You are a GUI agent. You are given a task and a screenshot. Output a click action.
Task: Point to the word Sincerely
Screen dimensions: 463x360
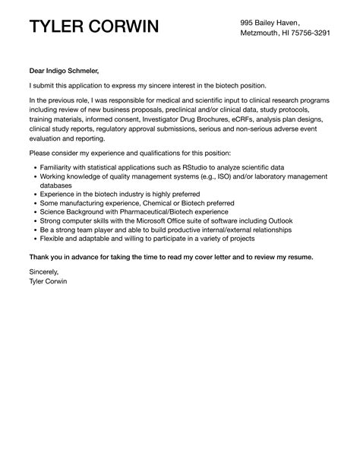tap(43, 270)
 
